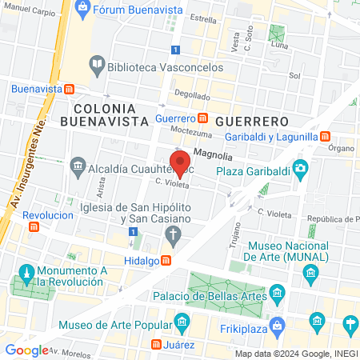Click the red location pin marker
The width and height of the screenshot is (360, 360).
click(x=181, y=162)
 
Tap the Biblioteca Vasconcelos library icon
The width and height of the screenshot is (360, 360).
click(x=97, y=63)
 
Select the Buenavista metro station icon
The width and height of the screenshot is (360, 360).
click(x=70, y=89)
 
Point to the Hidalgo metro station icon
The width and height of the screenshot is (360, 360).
click(x=166, y=260)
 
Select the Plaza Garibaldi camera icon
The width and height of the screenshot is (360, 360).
click(x=300, y=167)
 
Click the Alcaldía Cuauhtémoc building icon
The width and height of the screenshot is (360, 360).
click(x=78, y=167)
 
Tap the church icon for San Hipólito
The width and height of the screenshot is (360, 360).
click(x=171, y=234)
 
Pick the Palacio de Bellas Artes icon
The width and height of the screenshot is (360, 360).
click(x=278, y=292)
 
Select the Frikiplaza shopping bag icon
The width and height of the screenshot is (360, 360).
click(x=277, y=325)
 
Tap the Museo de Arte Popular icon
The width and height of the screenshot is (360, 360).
click(x=182, y=324)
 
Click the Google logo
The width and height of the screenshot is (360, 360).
click(x=27, y=350)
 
